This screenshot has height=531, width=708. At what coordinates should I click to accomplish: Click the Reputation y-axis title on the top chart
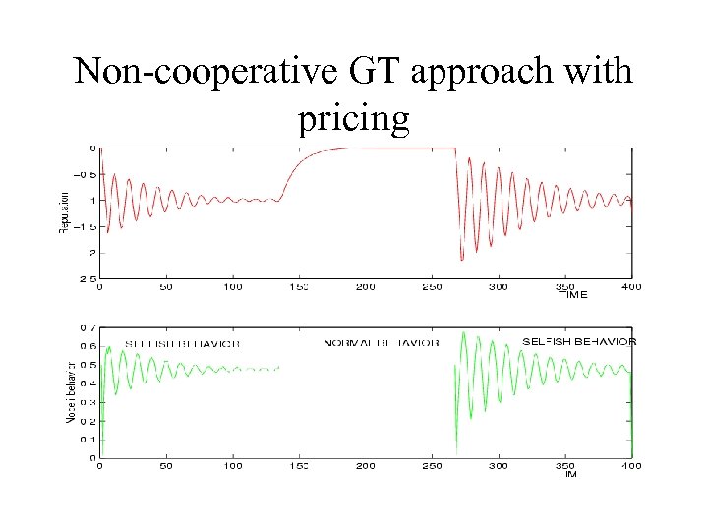(x=63, y=212)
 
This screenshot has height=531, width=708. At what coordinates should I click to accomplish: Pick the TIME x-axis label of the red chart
(x=575, y=293)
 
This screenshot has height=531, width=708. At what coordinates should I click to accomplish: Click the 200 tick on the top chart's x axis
(x=365, y=287)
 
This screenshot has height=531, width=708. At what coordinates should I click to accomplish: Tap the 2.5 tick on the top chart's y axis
(x=88, y=279)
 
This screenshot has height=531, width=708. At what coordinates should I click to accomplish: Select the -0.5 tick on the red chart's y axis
(x=86, y=175)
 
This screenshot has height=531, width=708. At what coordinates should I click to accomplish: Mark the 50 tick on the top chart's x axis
(x=165, y=287)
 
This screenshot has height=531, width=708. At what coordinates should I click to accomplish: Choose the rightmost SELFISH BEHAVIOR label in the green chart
(x=579, y=341)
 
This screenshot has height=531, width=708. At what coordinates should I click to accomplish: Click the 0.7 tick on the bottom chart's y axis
(x=88, y=327)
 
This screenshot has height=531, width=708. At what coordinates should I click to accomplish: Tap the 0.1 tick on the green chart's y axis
(x=88, y=439)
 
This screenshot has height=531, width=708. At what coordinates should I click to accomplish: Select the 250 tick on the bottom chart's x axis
(x=432, y=466)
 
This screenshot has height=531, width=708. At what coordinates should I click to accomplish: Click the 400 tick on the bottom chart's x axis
(x=630, y=466)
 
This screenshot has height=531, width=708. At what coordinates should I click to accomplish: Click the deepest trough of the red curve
(x=461, y=260)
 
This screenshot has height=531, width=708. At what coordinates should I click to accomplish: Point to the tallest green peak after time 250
(x=464, y=336)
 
